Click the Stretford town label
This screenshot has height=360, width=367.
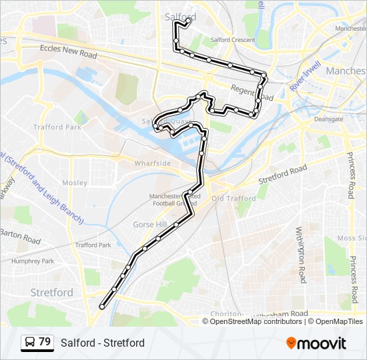coord(52,292)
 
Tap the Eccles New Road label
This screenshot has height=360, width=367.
coord(69,49)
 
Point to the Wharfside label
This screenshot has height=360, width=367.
coord(153,163)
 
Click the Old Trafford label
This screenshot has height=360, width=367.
coord(234,199)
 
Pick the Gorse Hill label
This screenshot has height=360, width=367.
coord(150,224)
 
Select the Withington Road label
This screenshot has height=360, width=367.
coord(300,254)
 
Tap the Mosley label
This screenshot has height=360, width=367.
coord(75,182)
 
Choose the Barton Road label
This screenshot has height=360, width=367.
coord(20,235)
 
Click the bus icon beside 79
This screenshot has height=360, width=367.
coord(29,343)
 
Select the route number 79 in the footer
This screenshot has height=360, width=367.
coord(45,342)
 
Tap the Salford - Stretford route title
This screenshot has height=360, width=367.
coord(102,343)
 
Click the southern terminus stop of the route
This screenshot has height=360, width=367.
coord(102,307)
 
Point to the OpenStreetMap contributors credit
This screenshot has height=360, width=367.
coord(252,321)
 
